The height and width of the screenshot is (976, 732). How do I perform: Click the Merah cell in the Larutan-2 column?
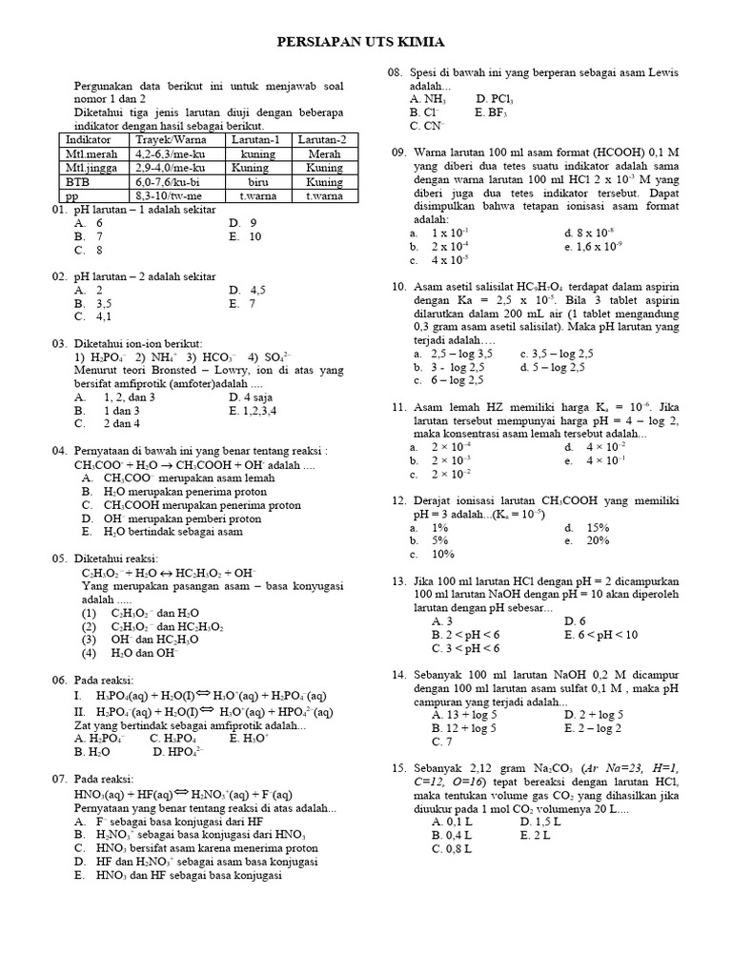[x=324, y=152]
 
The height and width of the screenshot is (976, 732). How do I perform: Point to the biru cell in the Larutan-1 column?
[x=257, y=180]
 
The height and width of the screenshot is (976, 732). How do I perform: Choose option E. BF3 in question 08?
[x=492, y=112]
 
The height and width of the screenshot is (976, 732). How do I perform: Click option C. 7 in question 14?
[x=441, y=741]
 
